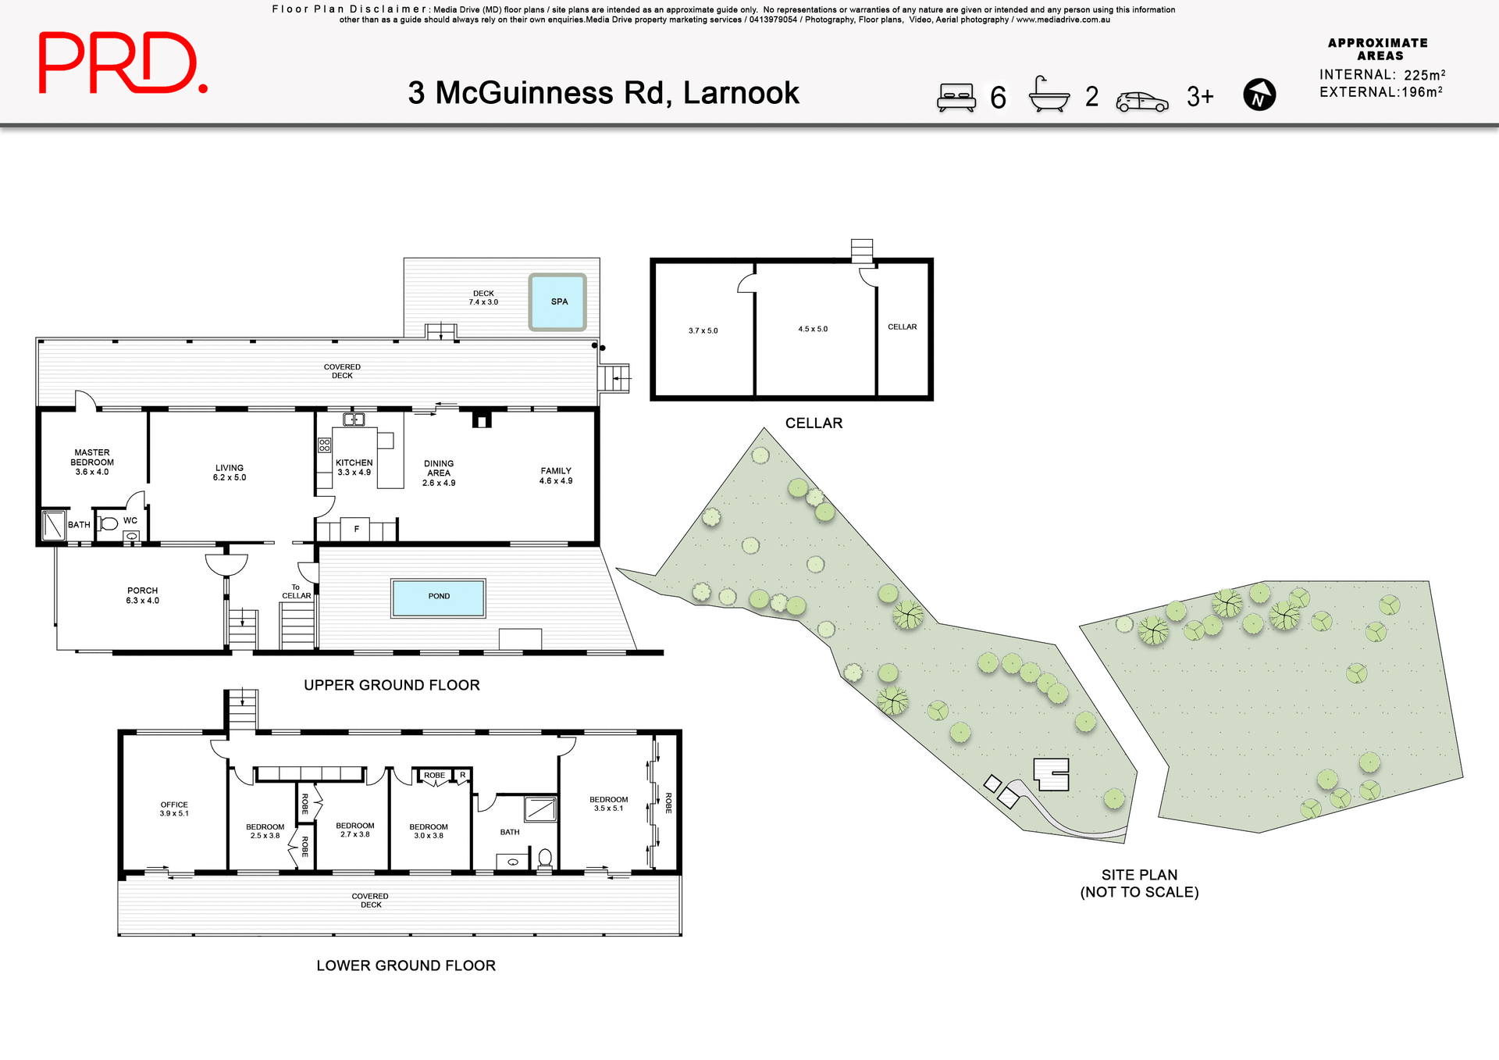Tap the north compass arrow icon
pos(1259,95)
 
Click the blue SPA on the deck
pos(557,302)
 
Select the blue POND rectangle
pos(438,598)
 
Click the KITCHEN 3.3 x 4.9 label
pos(354,467)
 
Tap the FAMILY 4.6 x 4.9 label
pos(555,476)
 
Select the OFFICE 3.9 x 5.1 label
pos(174,808)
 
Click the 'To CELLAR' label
pos(296,591)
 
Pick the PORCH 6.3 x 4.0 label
pos(142,595)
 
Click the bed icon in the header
pos(956,97)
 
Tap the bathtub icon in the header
pos(1049,95)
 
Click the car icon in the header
pos(1141,102)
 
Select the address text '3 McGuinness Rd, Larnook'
pos(603,93)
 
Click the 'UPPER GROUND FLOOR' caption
pos(391,685)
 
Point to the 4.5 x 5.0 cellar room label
pos(813,329)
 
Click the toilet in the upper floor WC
pos(109,523)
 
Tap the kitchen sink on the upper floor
pos(354,419)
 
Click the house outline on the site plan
pos(1052,773)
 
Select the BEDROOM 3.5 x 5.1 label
pos(608,804)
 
